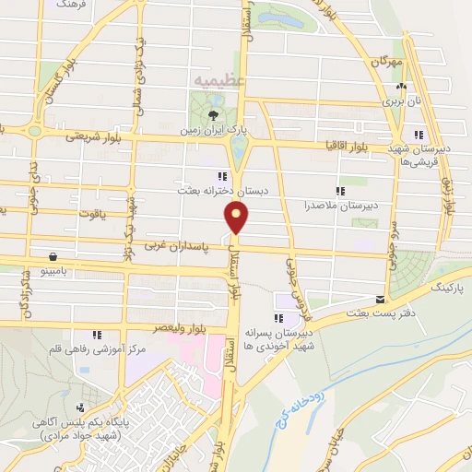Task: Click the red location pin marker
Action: click(237, 217)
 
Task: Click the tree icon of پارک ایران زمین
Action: click(213, 115)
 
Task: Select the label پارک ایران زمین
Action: click(214, 133)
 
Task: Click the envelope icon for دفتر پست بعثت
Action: click(381, 299)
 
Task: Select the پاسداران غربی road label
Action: click(174, 247)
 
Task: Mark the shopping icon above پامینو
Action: click(54, 256)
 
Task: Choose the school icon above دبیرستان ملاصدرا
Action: click(340, 191)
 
